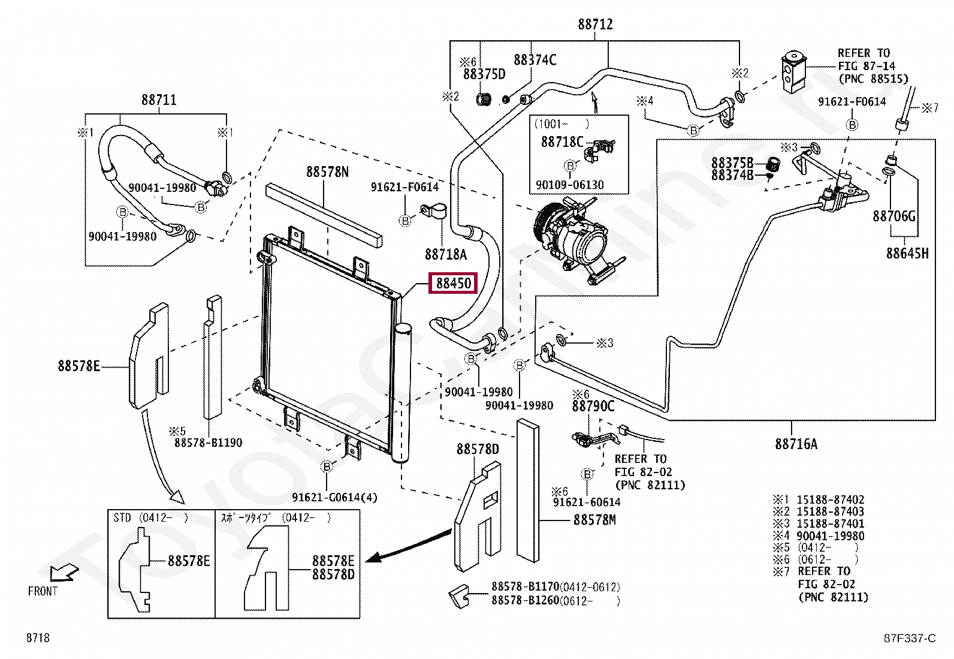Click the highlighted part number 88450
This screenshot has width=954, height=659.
click(x=454, y=284)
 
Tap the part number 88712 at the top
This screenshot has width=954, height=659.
click(x=595, y=25)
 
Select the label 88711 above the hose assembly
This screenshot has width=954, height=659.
click(x=159, y=100)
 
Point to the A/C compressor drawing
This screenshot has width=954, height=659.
click(x=575, y=241)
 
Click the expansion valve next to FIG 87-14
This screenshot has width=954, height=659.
click(x=793, y=72)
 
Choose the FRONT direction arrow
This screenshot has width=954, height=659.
click(x=64, y=573)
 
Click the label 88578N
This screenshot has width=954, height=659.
click(x=327, y=171)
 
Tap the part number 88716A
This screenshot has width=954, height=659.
click(x=796, y=444)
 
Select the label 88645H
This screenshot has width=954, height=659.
click(x=907, y=253)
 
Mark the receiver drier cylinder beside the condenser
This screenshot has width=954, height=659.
click(x=402, y=393)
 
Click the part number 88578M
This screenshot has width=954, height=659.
click(x=594, y=520)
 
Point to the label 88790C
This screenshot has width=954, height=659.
click(x=593, y=406)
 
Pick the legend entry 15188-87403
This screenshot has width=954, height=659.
click(x=830, y=511)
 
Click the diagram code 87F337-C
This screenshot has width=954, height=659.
click(x=910, y=638)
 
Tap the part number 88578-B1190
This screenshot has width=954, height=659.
click(x=209, y=443)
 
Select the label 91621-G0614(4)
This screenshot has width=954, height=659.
click(x=335, y=498)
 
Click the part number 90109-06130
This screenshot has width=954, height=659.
click(x=569, y=185)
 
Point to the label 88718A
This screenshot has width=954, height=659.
click(x=445, y=254)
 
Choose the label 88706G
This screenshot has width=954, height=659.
click(x=894, y=216)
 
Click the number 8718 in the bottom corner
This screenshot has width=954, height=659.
click(x=38, y=637)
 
